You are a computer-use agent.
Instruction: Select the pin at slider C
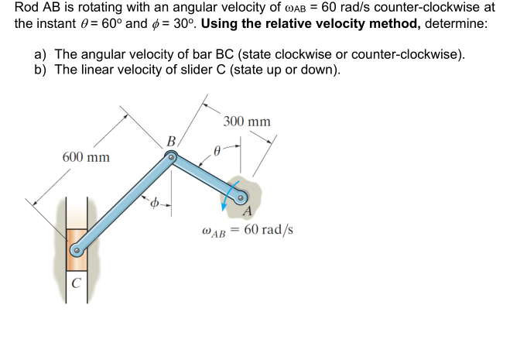click(76, 251)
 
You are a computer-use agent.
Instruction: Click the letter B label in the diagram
click(171, 141)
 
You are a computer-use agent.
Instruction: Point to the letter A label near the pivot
click(247, 212)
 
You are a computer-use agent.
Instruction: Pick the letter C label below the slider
click(75, 283)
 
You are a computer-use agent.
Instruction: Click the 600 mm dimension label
click(86, 157)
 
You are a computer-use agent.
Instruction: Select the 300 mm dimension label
click(246, 122)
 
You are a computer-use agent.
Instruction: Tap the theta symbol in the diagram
click(218, 153)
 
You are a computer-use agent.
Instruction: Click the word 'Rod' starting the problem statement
click(27, 8)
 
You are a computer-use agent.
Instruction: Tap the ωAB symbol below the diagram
click(213, 231)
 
